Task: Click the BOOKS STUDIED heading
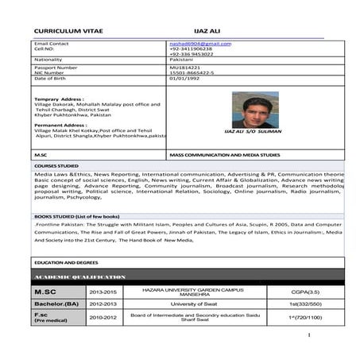68,216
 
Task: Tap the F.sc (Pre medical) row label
52,318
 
